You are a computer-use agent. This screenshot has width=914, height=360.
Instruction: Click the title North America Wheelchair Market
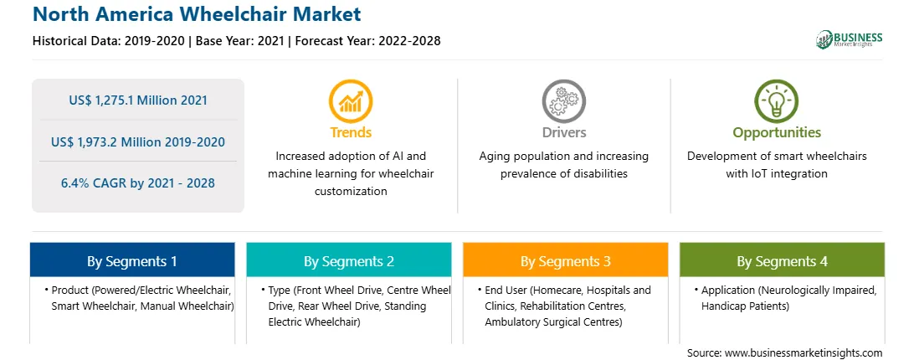click(197, 14)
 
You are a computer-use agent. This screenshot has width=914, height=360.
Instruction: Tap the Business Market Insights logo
click(850, 39)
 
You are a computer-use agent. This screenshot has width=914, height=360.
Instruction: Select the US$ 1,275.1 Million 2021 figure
click(138, 100)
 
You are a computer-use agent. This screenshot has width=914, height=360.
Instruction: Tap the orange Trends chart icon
click(351, 101)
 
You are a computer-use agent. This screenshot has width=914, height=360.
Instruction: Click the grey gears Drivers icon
click(563, 101)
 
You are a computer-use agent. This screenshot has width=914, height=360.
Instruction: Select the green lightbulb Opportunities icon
click(777, 101)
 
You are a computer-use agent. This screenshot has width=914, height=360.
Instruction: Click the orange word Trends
click(351, 132)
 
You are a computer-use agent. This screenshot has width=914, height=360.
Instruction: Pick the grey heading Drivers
click(564, 132)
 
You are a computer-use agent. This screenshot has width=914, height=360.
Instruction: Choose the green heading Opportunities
click(777, 132)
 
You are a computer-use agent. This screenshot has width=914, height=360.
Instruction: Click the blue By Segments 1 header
click(132, 260)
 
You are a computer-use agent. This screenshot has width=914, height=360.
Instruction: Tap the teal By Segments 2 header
click(348, 260)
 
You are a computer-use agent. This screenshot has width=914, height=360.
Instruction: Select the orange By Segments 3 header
click(566, 260)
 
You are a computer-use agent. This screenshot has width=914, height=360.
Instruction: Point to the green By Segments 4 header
click(783, 260)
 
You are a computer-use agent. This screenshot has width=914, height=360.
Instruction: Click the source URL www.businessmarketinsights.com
click(804, 352)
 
